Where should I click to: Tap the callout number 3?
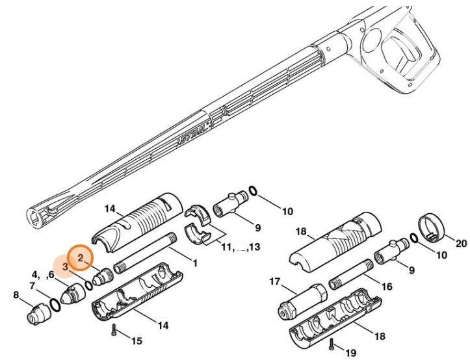(66, 266)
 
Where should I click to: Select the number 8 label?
(16, 296)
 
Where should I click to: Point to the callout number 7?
(33, 285)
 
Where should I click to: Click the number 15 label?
(137, 341)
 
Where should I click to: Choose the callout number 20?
(462, 244)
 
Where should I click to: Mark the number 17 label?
(274, 281)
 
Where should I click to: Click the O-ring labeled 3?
(88, 285)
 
